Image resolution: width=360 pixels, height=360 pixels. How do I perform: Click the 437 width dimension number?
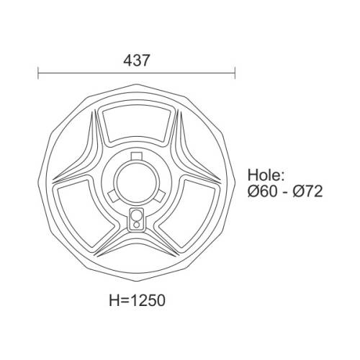[137, 61]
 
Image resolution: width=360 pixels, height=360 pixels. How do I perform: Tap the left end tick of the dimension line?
[38, 73]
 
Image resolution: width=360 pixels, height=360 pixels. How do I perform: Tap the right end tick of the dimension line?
[235, 73]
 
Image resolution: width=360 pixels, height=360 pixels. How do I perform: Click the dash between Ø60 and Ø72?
[284, 192]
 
